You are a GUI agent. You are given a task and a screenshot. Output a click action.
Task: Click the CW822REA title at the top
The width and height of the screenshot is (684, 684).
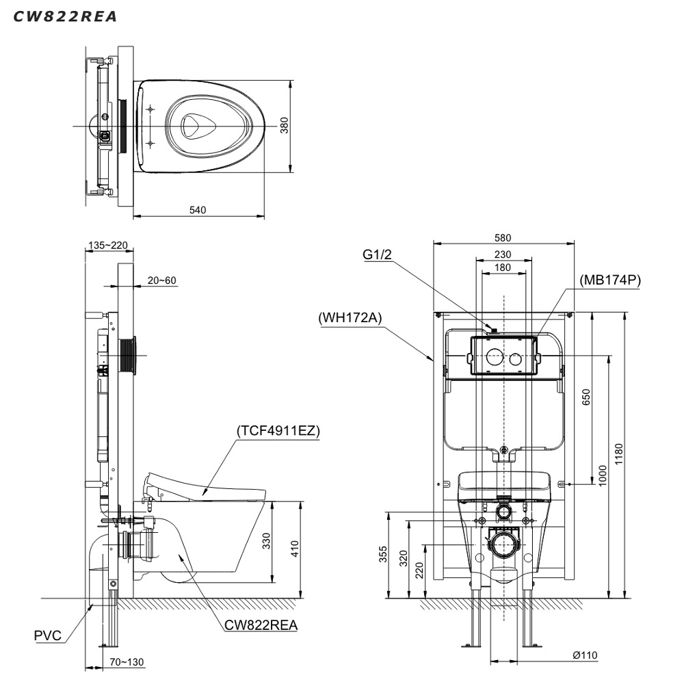(x=65, y=16)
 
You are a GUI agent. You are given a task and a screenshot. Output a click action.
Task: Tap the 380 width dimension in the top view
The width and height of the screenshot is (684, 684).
(x=284, y=125)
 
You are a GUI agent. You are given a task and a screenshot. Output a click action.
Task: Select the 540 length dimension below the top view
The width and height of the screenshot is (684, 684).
(x=198, y=210)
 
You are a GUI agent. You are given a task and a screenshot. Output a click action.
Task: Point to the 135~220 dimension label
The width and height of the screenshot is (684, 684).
(x=108, y=245)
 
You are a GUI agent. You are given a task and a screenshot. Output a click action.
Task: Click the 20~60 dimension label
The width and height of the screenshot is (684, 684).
(x=162, y=280)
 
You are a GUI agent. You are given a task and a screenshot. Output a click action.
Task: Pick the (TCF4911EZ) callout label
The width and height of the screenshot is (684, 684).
(x=278, y=431)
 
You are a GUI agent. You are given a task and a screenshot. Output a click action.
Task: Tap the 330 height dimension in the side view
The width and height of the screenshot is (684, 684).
(x=266, y=541)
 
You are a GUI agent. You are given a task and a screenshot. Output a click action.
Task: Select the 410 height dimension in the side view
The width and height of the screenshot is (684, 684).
(x=295, y=549)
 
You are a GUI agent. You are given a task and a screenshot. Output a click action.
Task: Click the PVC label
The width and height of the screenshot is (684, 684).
(x=48, y=635)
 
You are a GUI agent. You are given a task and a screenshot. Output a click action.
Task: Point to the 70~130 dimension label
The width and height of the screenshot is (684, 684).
(x=127, y=662)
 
